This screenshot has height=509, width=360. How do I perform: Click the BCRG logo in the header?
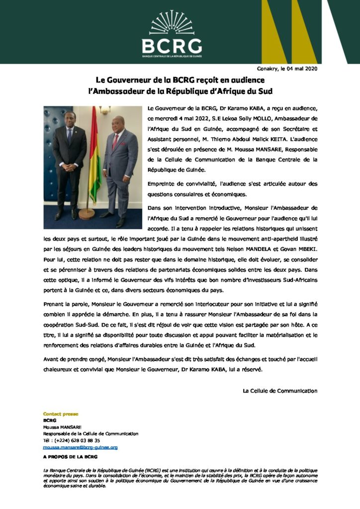click(172, 34)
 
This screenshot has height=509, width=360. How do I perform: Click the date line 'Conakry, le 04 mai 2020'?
click(286, 68)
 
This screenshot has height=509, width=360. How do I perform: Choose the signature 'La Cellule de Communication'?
click(279, 391)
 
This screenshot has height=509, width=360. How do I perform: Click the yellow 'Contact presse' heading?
click(61, 414)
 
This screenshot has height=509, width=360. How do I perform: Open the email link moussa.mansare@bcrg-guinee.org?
click(81, 447)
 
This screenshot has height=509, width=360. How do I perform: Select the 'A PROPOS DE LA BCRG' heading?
click(70, 456)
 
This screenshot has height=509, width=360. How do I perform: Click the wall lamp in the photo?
click(105, 110)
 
